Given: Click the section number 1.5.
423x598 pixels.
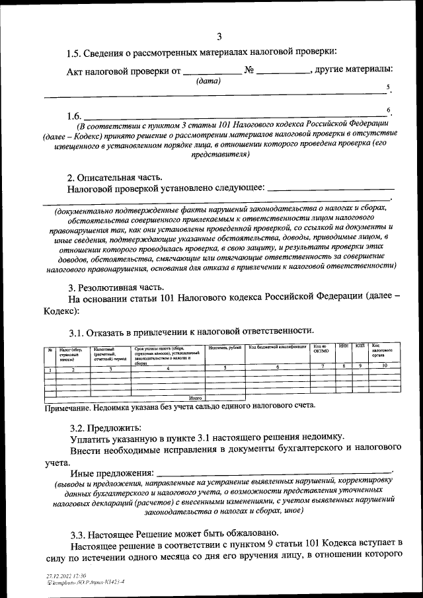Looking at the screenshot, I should pos(77,53).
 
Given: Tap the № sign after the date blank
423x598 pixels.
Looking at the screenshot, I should pos(249,70).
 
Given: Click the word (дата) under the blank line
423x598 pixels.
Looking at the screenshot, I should pos(209,81).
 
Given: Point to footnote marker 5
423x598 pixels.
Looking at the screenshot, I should pos(389,87).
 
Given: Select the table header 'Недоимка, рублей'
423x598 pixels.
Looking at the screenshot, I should pos(225,348).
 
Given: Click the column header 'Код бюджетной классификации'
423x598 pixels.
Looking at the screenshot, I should pos(278,347).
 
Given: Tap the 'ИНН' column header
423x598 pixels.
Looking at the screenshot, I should pos(343,346).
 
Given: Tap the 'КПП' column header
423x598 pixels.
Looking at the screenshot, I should pos(360,346).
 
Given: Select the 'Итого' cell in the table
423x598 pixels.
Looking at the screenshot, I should pos(195,398).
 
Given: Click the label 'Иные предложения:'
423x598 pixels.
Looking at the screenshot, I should pos(111,474).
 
